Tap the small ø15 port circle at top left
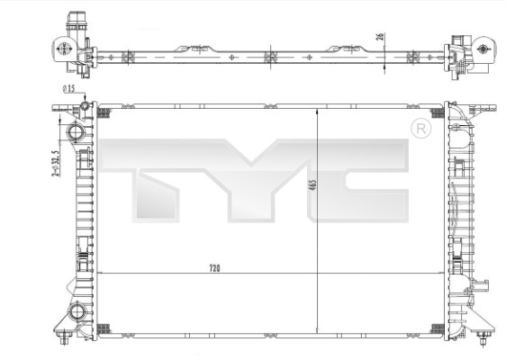coord(86,109)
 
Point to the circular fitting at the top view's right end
coord(483,49)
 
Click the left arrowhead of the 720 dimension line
coord(99,273)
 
